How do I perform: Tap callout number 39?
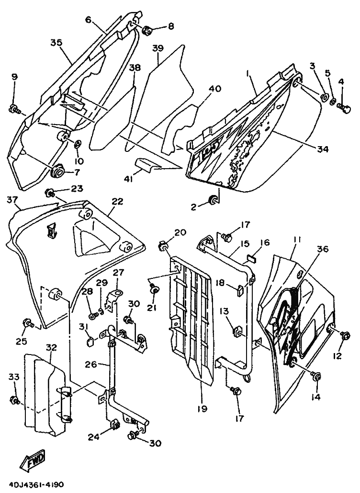point(158,48)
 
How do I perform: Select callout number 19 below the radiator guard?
point(202,409)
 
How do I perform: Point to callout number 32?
point(51,348)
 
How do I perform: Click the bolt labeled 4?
point(344,109)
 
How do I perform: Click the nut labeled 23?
point(49,193)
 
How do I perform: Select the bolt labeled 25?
point(28,323)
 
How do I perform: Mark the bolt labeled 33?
point(15,400)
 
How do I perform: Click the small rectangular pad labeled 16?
point(250,258)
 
